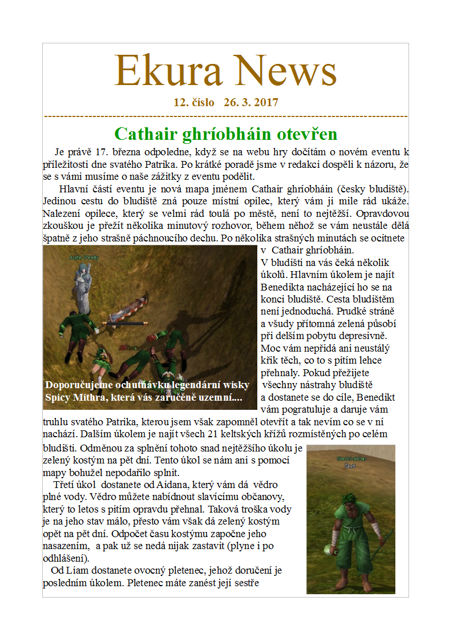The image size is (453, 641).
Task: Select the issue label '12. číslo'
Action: tap(194, 103)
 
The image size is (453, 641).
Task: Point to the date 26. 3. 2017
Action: tap(251, 103)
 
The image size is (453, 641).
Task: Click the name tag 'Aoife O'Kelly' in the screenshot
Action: tap(84, 258)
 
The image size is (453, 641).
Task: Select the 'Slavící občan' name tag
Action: tap(351, 459)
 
